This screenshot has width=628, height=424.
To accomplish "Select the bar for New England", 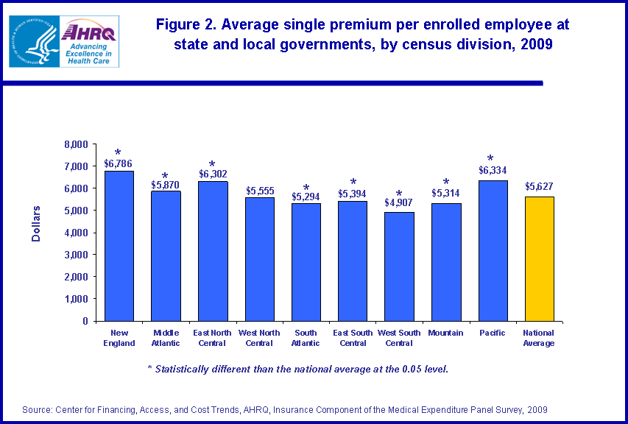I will coord(119,247).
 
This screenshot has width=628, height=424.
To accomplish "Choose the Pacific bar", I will coord(493,251).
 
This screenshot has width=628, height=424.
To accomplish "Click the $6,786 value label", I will coord(118,163).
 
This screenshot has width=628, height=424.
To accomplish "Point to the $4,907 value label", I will coord(399,203).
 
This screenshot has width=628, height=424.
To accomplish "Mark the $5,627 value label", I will coord(539,187).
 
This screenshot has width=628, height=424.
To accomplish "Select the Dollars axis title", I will coord(36,225).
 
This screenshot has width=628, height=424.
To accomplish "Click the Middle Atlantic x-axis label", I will coord(166,338).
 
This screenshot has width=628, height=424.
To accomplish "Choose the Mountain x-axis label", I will coord(445,333).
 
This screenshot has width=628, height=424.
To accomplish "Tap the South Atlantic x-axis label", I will coord(306,338).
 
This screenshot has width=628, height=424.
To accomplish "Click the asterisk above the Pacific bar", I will coord(490,159).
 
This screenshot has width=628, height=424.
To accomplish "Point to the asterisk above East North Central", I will coord(212,165).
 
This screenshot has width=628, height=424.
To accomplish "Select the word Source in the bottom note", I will coord(36,409).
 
